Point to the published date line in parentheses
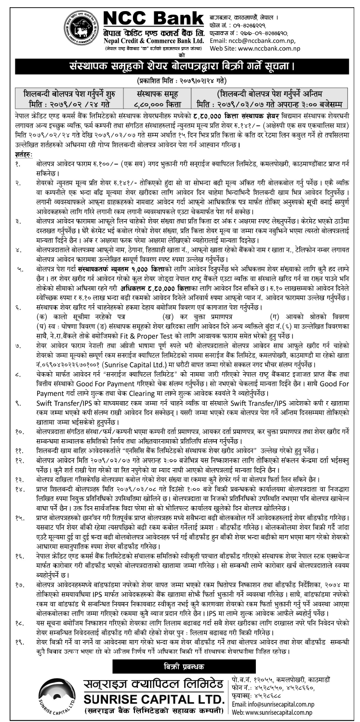pos(179,79)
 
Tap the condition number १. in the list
pos(17,151)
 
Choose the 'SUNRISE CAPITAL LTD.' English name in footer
pos(155,699)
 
